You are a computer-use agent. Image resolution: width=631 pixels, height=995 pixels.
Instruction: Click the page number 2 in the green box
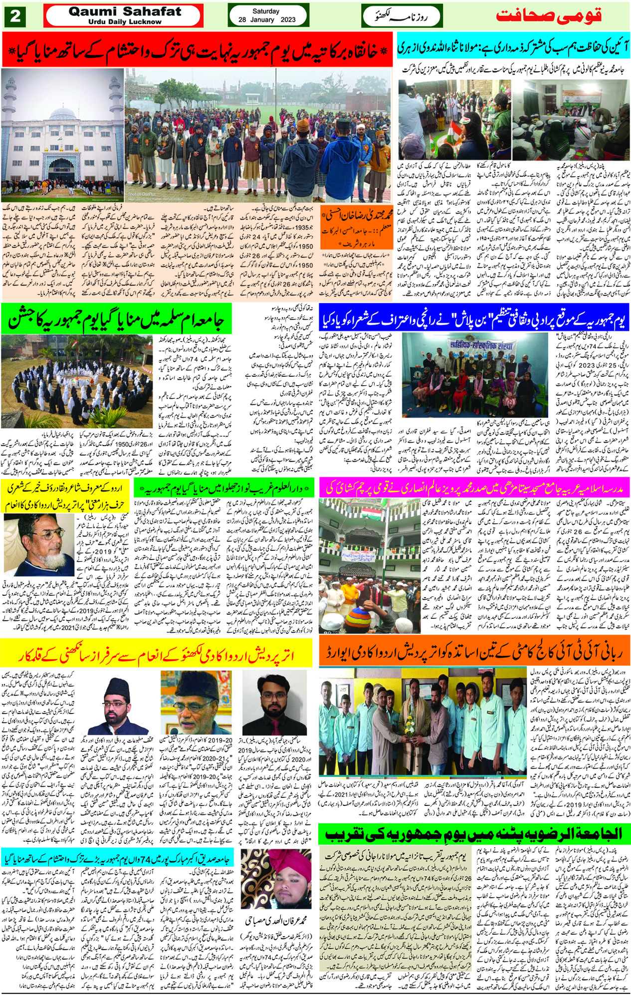tap(15, 16)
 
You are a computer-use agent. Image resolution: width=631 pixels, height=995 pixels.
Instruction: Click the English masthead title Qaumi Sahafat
tap(125, 11)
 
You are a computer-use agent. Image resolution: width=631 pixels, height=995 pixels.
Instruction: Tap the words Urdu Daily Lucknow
tap(125, 22)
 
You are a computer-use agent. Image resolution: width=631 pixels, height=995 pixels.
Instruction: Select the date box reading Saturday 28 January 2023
tap(267, 15)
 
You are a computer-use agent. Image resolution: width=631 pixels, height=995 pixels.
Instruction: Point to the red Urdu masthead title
tap(548, 15)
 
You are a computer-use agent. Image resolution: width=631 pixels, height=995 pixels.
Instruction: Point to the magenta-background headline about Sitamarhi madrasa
tap(474, 488)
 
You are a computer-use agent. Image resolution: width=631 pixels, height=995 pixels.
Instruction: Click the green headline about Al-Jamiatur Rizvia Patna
tap(474, 832)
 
